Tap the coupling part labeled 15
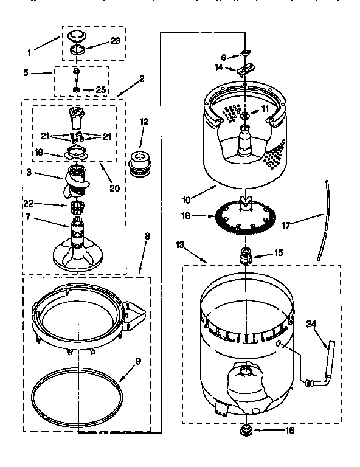tap(246, 255)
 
